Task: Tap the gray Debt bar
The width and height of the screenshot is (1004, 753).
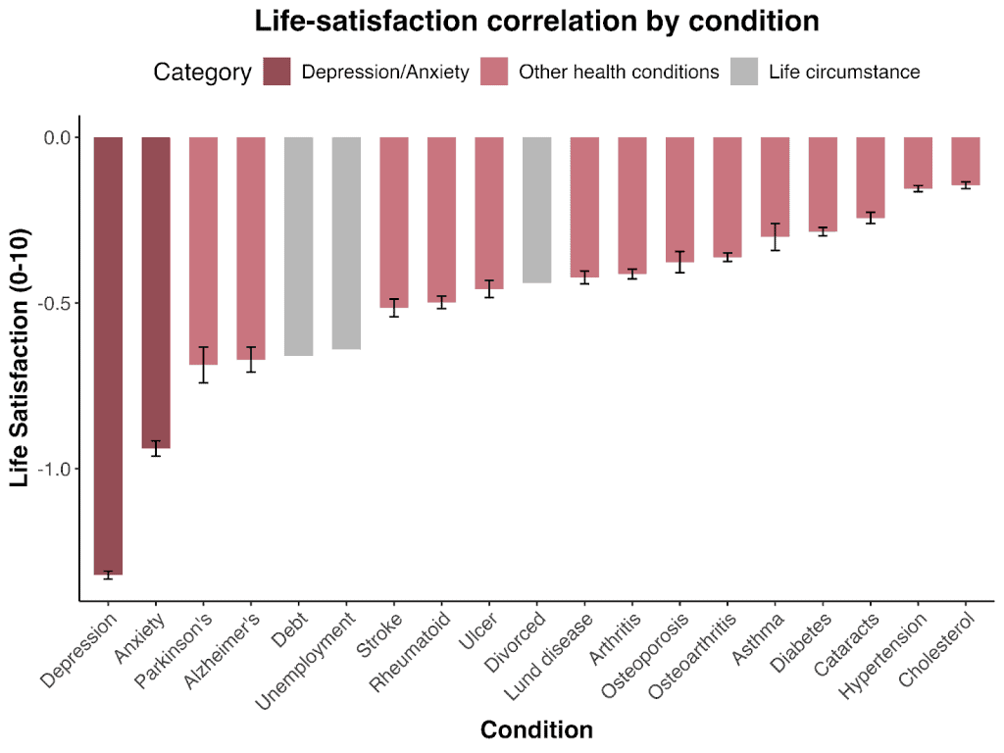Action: click(299, 246)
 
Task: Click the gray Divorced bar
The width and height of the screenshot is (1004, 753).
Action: click(536, 210)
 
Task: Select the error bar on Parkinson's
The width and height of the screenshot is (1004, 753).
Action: click(203, 365)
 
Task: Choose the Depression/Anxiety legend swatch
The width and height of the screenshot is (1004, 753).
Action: click(277, 72)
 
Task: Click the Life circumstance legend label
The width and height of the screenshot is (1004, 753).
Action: click(844, 72)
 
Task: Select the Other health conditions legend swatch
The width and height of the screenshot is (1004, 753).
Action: click(494, 72)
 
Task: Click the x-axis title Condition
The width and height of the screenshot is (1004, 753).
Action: click(536, 729)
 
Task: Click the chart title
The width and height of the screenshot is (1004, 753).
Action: click(536, 21)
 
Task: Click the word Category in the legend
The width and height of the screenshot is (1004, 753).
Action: click(202, 72)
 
